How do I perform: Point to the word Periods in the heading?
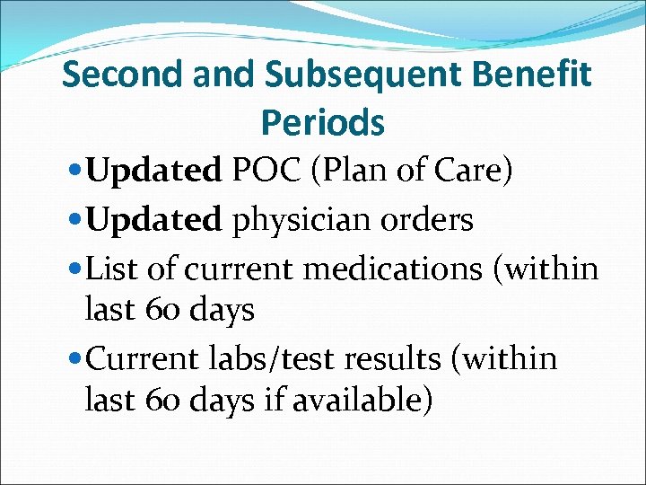323,121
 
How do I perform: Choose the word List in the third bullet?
112,267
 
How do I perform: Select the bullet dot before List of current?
74,269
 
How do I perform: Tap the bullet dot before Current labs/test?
74,360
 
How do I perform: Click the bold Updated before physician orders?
154,219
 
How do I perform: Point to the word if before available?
273,401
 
